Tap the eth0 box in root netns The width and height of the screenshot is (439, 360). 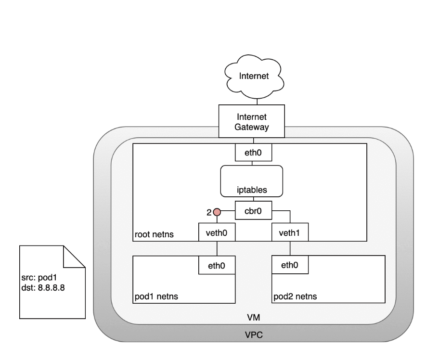253,154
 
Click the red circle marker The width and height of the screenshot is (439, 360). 217,212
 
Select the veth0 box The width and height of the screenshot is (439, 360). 217,232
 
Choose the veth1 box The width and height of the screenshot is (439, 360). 290,232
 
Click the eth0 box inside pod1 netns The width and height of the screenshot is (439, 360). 217,264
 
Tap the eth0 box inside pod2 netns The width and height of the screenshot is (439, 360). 290,264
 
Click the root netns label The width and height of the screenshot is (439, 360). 154,235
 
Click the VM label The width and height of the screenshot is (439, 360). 252,318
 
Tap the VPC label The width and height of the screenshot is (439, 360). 252,333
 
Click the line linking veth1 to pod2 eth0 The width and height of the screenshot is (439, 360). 290,248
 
